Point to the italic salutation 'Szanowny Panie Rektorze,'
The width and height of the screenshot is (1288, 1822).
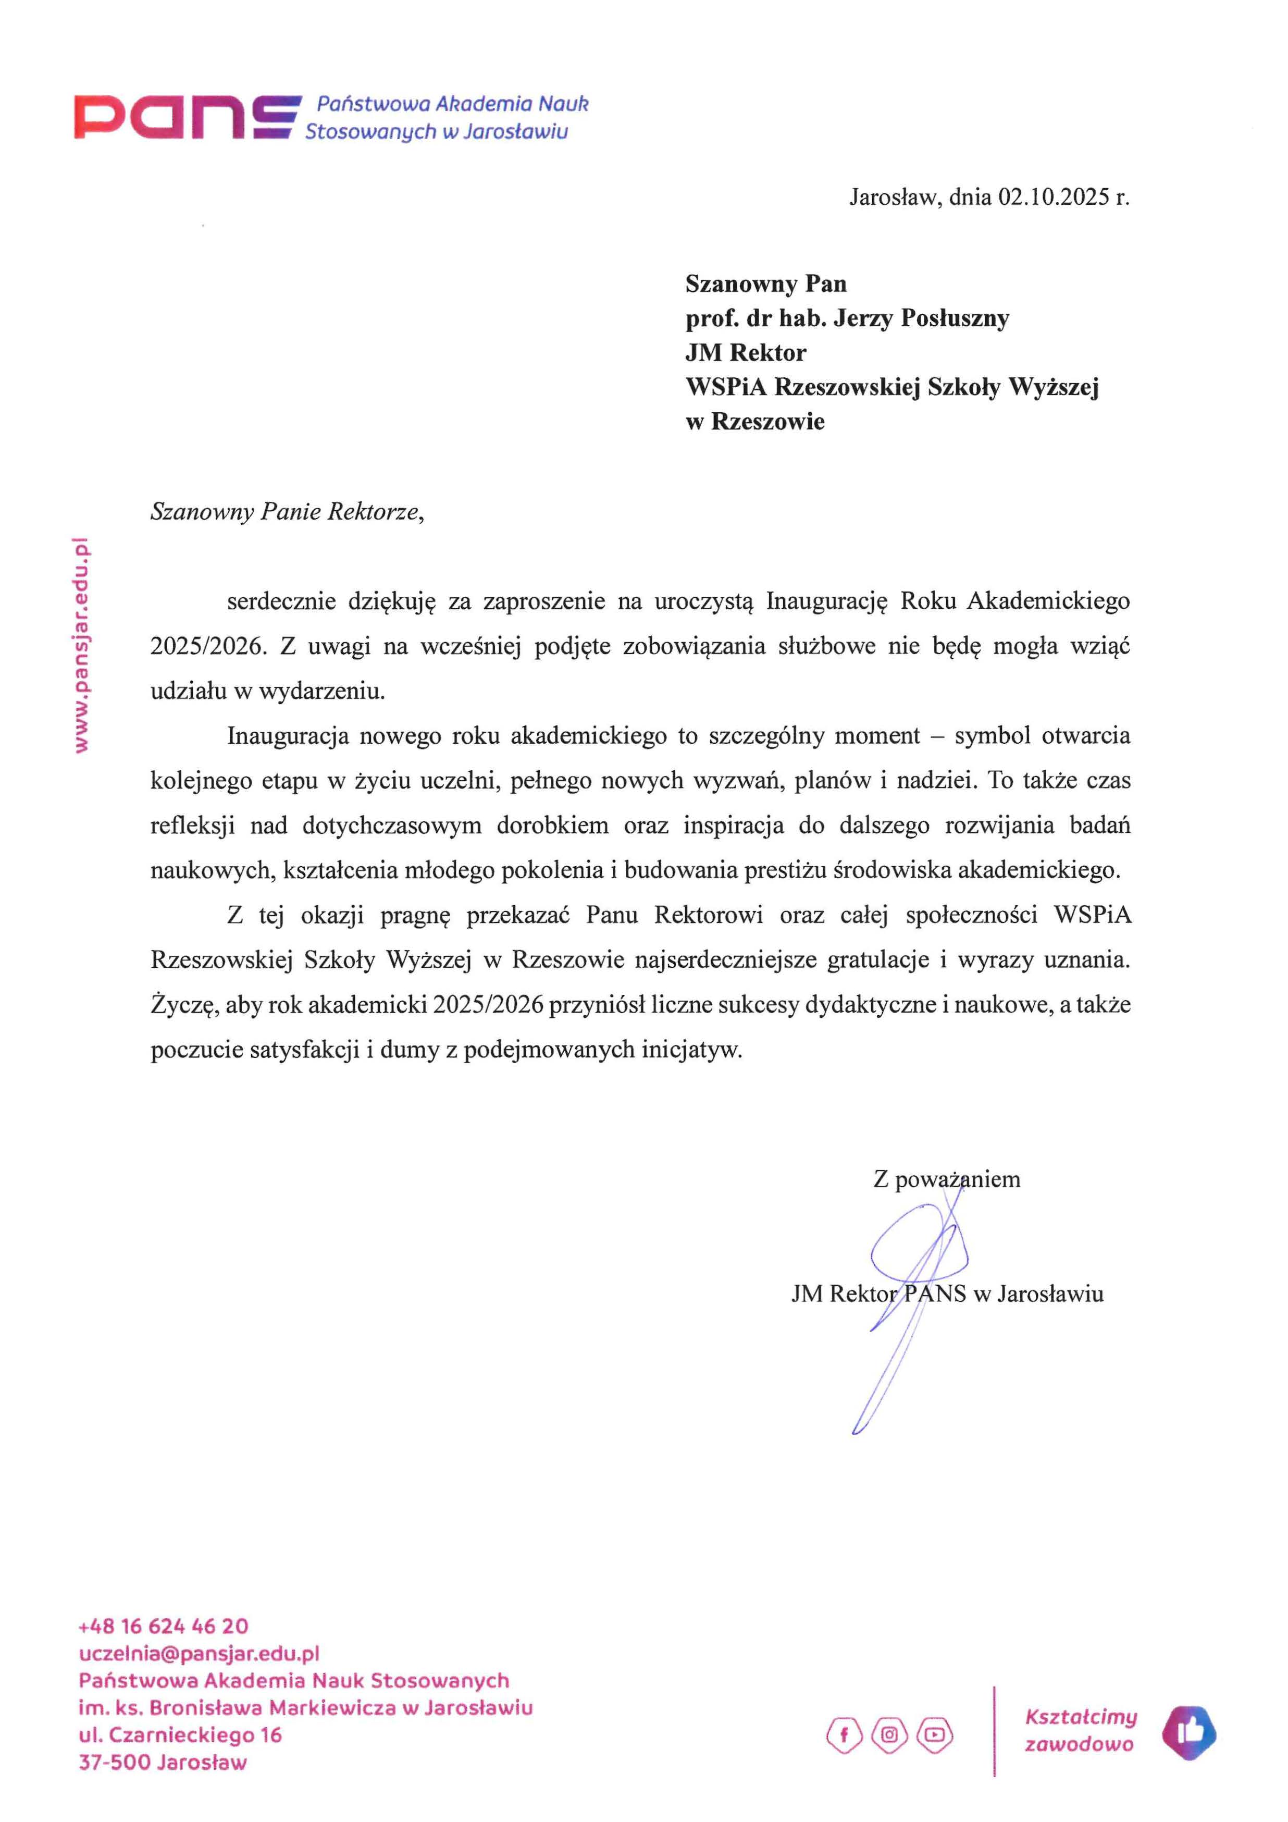point(287,512)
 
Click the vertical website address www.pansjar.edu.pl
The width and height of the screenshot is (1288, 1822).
point(81,644)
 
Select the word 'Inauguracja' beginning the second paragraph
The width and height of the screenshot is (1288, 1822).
point(287,735)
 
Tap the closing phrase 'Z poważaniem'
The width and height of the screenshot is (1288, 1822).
point(946,1179)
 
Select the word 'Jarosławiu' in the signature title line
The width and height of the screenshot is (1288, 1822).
point(1050,1294)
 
